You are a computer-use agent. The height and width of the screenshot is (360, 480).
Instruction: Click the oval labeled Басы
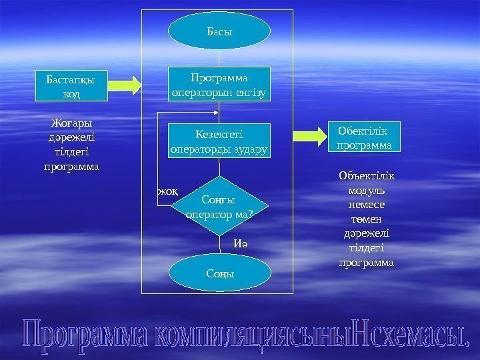tap(219, 31)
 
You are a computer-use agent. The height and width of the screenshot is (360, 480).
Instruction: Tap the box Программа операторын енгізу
tap(219, 85)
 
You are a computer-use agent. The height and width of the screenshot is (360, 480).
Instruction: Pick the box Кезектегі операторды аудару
tap(219, 141)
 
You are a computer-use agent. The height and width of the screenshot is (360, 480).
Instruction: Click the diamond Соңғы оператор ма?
tap(219, 207)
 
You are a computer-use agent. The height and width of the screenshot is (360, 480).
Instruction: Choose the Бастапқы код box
tap(71, 86)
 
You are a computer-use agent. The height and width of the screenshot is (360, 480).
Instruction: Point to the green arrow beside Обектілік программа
tap(310, 135)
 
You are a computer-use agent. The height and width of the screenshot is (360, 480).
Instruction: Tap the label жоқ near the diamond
tap(167, 192)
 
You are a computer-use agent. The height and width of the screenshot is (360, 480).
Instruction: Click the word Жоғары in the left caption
tap(71, 123)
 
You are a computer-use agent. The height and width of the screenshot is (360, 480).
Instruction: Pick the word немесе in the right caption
tap(366, 205)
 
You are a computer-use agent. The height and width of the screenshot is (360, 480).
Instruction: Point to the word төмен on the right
tap(366, 219)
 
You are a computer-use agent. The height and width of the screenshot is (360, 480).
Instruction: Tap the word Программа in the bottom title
tap(83, 333)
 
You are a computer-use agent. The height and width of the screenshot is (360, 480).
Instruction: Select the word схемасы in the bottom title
tap(413, 333)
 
